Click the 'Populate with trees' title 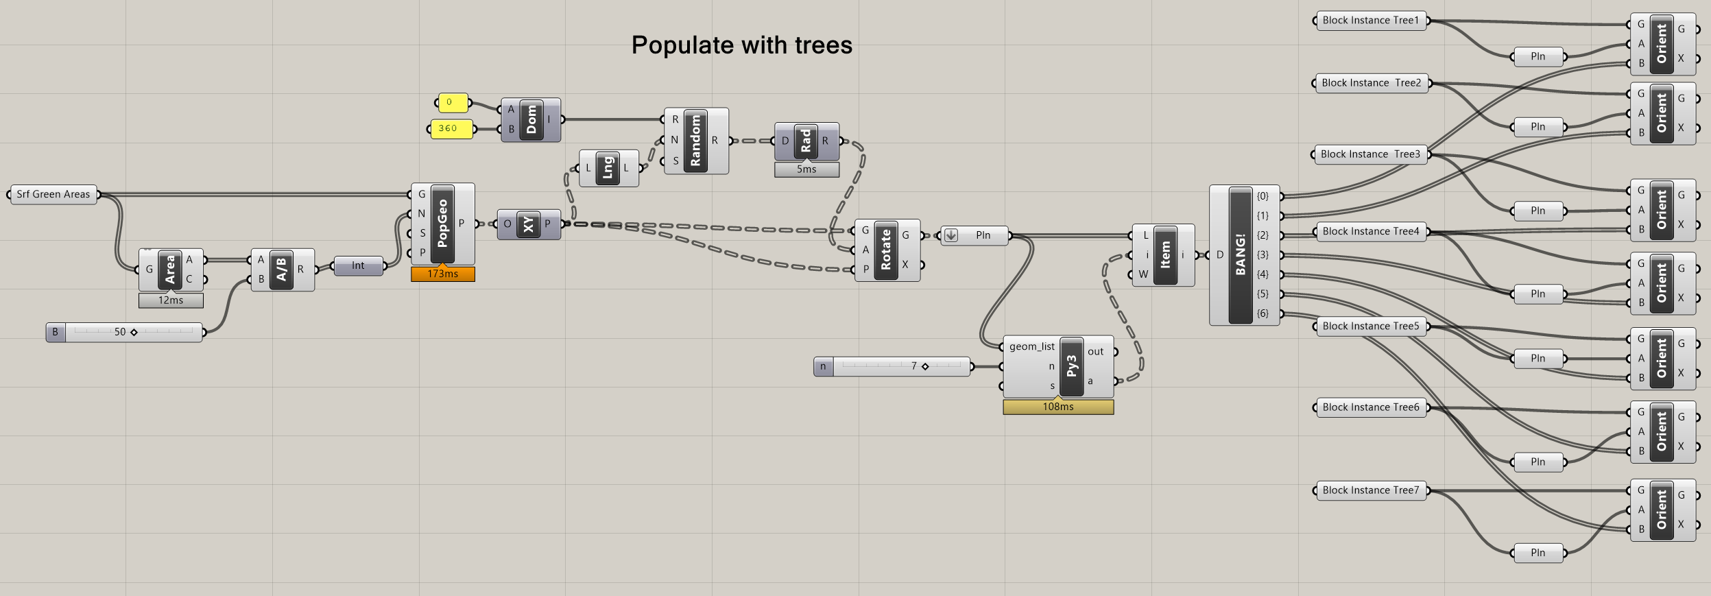[x=741, y=45]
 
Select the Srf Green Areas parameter [x=53, y=194]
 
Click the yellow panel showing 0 [x=453, y=102]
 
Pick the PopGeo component [x=442, y=223]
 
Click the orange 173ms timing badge [x=442, y=274]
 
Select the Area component [x=170, y=269]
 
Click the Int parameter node [x=358, y=265]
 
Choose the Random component [x=695, y=141]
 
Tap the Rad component [x=806, y=141]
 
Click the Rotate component [x=885, y=250]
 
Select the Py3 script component [x=1072, y=366]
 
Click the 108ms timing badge [x=1058, y=407]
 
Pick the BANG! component [x=1240, y=254]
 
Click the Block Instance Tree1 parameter [x=1370, y=21]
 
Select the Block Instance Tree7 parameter [x=1370, y=490]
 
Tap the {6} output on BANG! [x=1263, y=313]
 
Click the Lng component [x=608, y=168]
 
